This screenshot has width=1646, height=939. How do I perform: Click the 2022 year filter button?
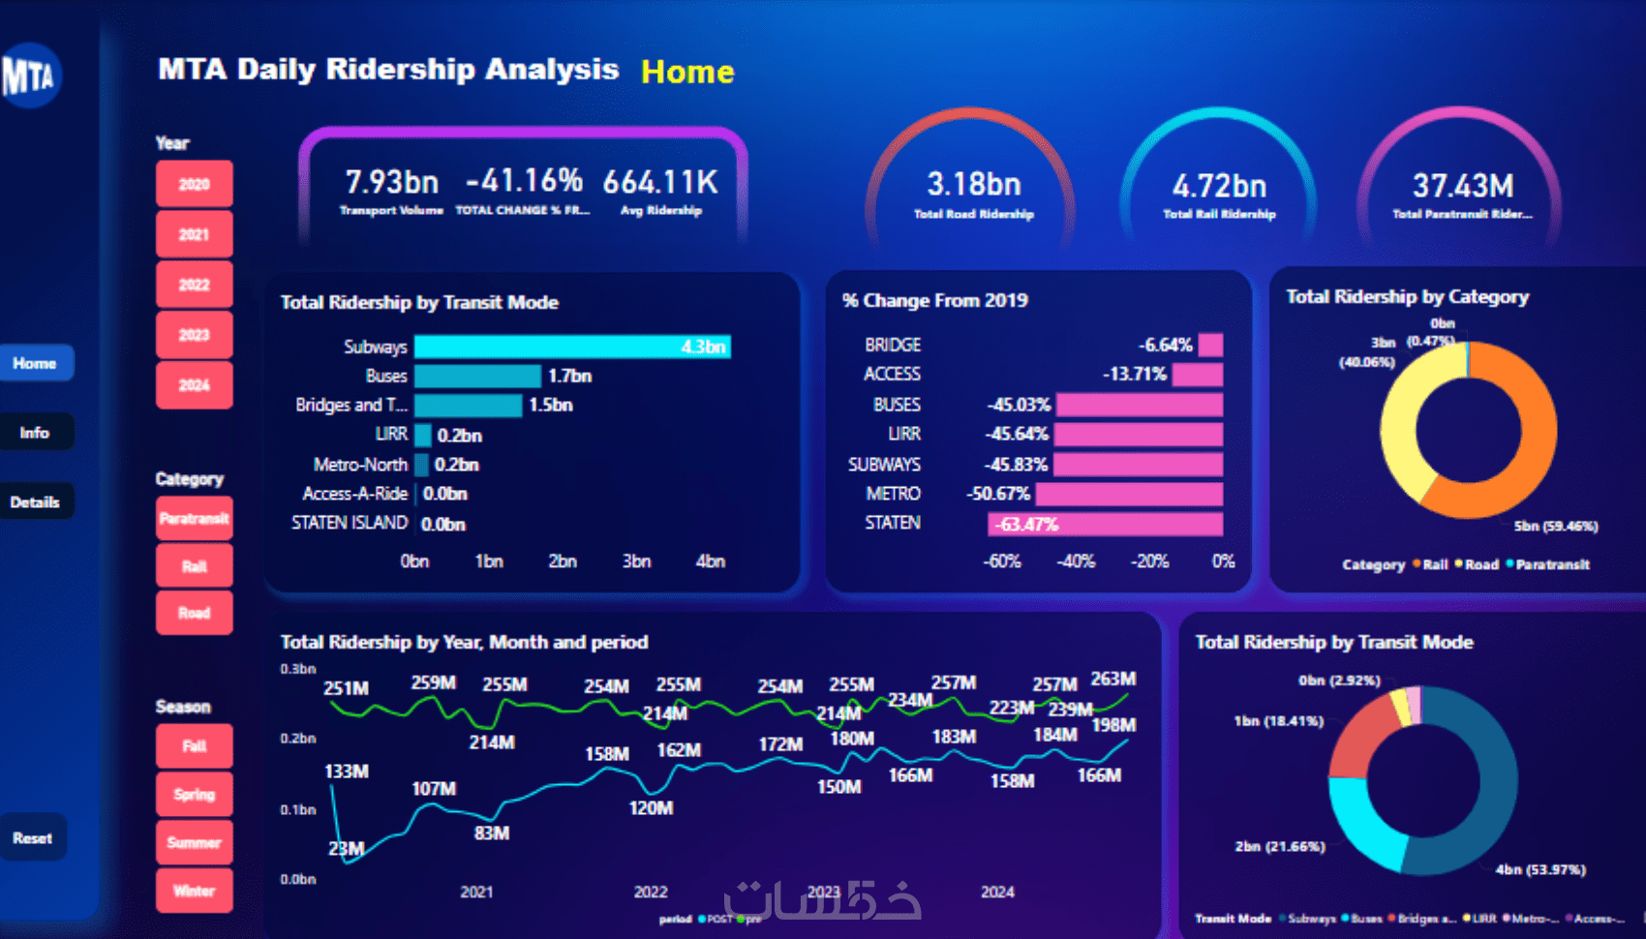[x=194, y=285]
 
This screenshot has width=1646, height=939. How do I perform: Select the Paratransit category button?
[x=194, y=519]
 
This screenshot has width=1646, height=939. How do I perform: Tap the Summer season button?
[x=194, y=842]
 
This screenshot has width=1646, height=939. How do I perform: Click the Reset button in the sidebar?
[x=33, y=838]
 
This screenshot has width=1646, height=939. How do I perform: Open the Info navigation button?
[x=35, y=433]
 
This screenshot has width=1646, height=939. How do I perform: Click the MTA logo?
[x=29, y=76]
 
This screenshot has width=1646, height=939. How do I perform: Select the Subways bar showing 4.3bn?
[x=571, y=347]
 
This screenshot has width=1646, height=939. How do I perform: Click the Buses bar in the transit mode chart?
[x=477, y=376]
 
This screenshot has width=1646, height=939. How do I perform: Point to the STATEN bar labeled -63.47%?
[x=1105, y=525]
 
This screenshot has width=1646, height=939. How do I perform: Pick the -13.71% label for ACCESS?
[x=1134, y=375]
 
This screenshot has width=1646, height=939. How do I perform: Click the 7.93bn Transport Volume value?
[x=391, y=182]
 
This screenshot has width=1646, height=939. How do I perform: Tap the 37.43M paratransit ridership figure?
[x=1462, y=185]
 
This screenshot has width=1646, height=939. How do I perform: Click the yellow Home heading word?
[x=687, y=72]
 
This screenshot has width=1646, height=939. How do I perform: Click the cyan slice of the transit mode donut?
[x=1360, y=823]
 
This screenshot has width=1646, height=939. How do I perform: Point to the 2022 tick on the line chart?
[x=650, y=892]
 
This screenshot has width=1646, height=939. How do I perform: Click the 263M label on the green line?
[x=1113, y=679]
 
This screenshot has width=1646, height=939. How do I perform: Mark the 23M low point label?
[x=346, y=849]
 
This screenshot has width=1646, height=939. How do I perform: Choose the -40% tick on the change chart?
[x=1076, y=561]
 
